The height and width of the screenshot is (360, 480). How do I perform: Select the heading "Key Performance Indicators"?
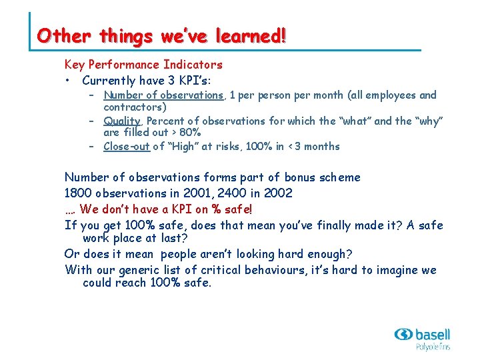(x=143, y=65)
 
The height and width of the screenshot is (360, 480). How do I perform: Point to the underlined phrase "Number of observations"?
(x=163, y=95)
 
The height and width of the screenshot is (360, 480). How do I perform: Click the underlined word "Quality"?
(x=122, y=121)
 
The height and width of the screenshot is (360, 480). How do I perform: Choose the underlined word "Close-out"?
(x=127, y=147)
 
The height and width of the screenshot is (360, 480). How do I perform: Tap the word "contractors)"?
(x=135, y=107)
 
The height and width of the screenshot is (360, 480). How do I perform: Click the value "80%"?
(x=190, y=133)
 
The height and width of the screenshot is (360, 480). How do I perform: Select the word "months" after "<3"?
(x=321, y=147)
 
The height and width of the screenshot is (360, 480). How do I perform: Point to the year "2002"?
(x=277, y=193)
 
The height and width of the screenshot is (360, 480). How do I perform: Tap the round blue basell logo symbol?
(x=403, y=335)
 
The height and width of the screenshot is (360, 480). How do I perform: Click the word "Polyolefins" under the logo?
(x=433, y=347)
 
